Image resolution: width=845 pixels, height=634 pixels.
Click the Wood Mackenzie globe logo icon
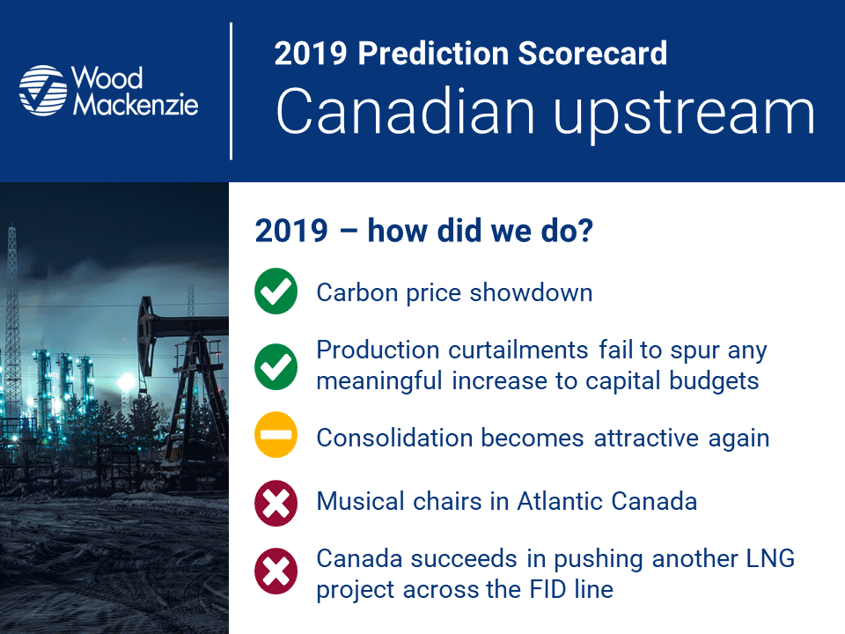[43, 91]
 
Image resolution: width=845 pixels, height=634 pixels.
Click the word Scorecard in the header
[592, 53]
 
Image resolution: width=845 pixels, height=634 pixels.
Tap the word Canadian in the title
[405, 112]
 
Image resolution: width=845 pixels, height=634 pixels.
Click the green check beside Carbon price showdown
[276, 291]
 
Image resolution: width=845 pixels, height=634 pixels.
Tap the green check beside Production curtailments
[276, 366]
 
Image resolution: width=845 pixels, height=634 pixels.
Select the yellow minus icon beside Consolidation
[276, 435]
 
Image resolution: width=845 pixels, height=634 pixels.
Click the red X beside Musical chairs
[276, 503]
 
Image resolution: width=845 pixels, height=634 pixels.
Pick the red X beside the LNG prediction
[276, 571]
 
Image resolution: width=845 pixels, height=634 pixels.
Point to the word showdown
[531, 292]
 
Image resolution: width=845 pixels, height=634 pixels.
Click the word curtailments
[518, 350]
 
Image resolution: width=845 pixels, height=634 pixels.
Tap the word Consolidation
[395, 438]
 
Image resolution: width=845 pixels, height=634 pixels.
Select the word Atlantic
[560, 501]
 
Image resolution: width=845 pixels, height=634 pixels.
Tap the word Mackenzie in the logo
[136, 104]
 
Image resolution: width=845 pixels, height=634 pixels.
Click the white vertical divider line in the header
[231, 91]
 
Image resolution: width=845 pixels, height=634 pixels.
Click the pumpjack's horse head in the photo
[144, 335]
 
